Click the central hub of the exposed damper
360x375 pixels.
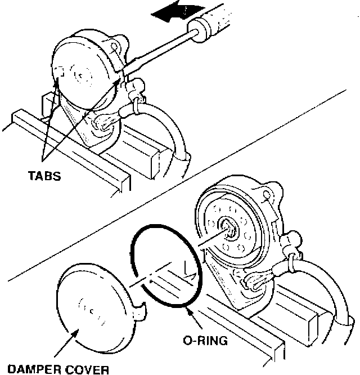(x=231, y=228)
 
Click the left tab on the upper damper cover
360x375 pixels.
(x=58, y=72)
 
